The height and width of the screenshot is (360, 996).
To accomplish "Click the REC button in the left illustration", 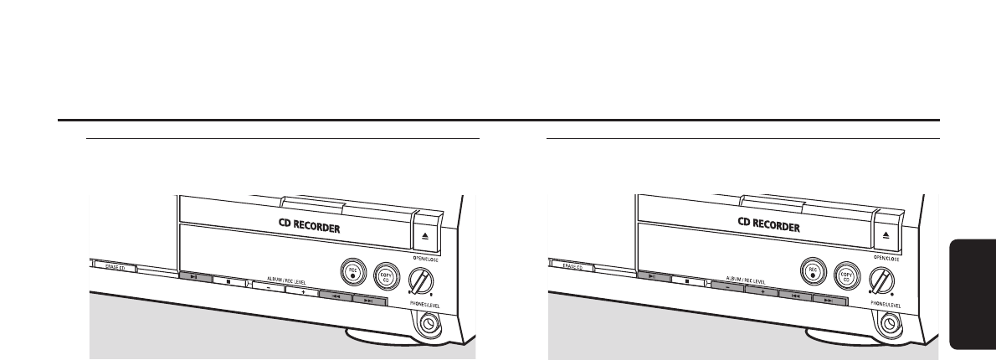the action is pyautogui.click(x=355, y=270).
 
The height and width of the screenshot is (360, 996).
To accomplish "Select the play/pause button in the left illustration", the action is pyautogui.click(x=194, y=275).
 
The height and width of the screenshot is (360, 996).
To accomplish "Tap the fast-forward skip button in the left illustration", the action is pyautogui.click(x=369, y=299).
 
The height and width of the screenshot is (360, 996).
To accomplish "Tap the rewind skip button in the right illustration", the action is pyautogui.click(x=794, y=294).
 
